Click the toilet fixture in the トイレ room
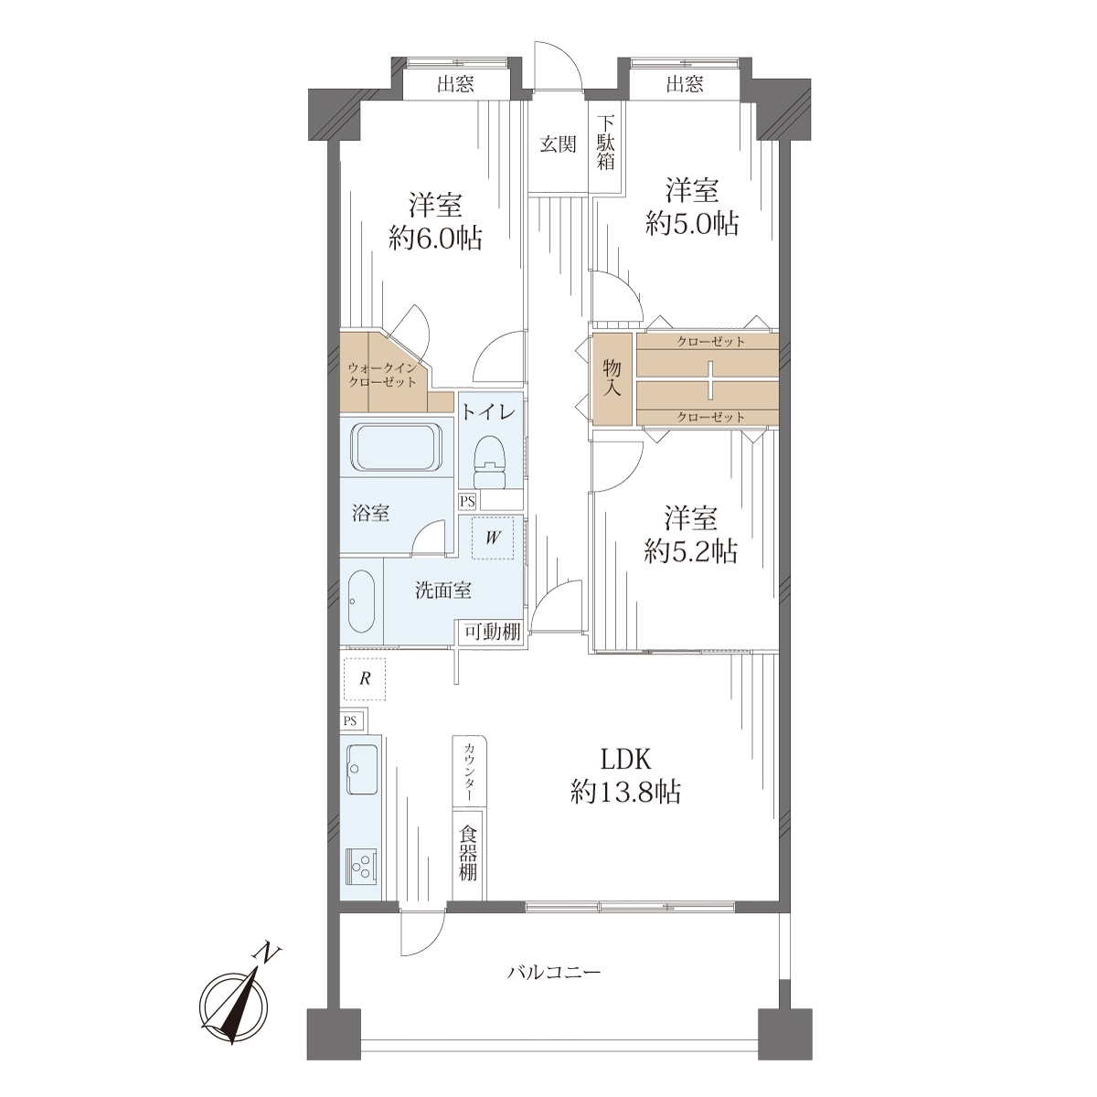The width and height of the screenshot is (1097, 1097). click(x=490, y=461)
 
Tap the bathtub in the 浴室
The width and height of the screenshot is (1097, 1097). click(x=397, y=447)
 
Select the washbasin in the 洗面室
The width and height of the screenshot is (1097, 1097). click(x=361, y=602)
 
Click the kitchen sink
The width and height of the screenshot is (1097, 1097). click(x=361, y=769)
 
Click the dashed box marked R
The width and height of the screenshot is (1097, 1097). click(x=365, y=679)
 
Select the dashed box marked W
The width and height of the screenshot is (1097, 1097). click(x=493, y=538)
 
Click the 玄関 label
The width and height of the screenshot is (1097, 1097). click(x=558, y=144)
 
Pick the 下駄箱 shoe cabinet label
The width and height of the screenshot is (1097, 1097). click(x=606, y=143)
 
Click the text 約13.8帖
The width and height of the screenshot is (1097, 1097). click(x=625, y=792)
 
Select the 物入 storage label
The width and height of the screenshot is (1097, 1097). click(x=612, y=378)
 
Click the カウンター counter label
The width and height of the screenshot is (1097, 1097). click(x=469, y=772)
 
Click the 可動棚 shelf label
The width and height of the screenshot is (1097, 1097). click(x=493, y=632)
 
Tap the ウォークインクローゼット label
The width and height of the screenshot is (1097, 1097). click(x=382, y=375)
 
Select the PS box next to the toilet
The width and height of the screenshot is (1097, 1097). click(x=468, y=502)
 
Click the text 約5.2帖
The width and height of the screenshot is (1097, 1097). click(x=690, y=551)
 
